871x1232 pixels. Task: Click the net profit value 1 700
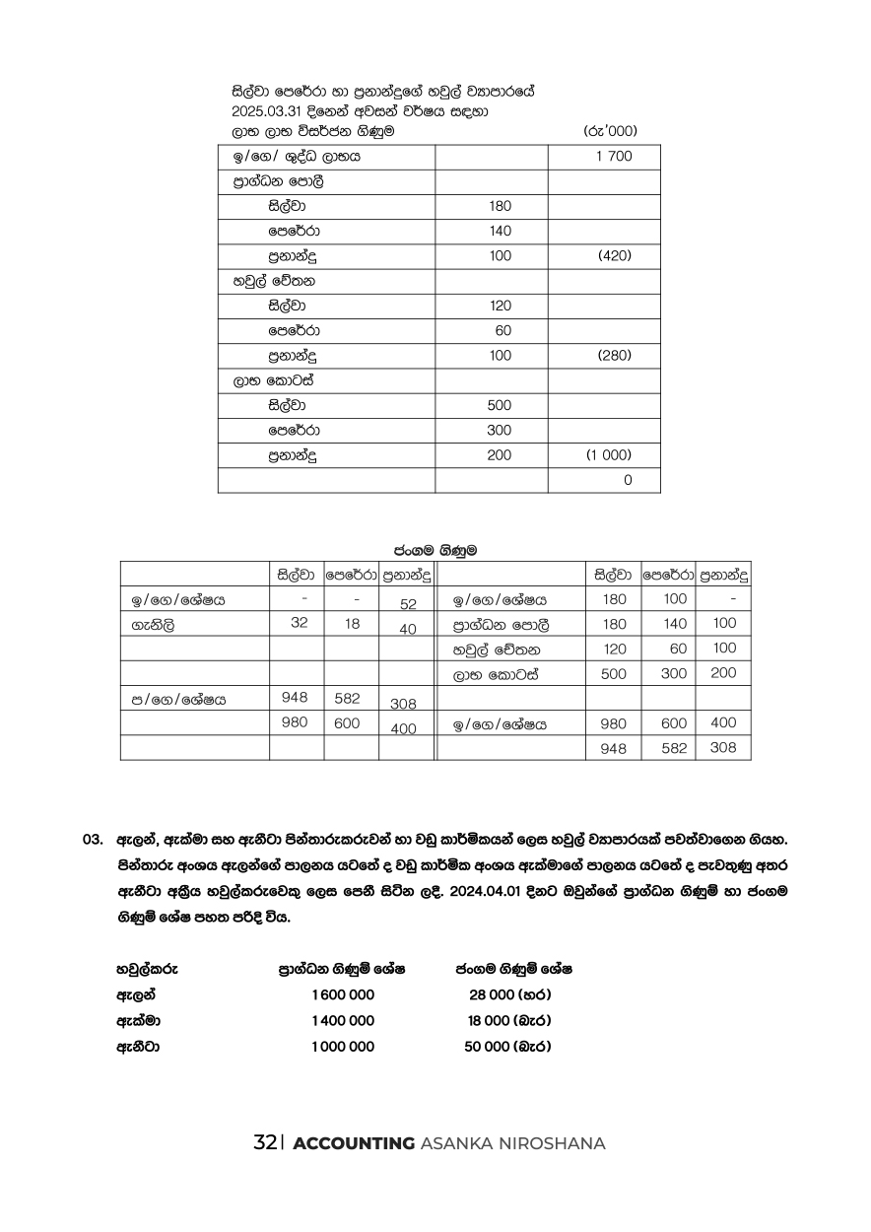pos(614,157)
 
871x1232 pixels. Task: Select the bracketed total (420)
pos(614,256)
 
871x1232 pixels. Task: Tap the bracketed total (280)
pos(614,356)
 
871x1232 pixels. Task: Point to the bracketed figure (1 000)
pos(609,455)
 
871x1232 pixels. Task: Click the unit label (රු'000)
pos(611,130)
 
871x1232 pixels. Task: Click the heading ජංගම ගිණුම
pos(435,549)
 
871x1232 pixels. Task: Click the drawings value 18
pos(353,623)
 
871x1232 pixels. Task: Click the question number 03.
pos(93,841)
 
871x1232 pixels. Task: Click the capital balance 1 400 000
pos(342,1021)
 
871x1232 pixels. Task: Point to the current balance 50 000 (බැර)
pos(507,1047)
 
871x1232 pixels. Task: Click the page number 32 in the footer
pos(263,1143)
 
